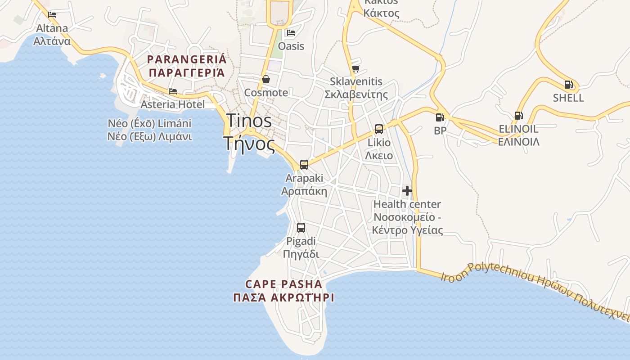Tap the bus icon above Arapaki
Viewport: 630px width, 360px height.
click(304, 164)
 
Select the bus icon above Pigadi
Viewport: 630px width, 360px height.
click(301, 228)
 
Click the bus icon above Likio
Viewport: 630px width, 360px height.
click(379, 129)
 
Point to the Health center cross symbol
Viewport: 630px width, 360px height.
click(407, 191)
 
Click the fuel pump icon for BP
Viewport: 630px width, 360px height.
click(440, 117)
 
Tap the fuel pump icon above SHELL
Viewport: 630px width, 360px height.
click(568, 84)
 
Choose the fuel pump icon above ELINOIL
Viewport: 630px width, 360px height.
click(518, 116)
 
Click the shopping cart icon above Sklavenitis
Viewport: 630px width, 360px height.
click(355, 68)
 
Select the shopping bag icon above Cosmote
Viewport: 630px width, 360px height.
click(266, 79)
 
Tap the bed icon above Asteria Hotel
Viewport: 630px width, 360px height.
click(173, 91)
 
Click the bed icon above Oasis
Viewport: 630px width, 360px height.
click(291, 33)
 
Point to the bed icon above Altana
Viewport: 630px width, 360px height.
click(53, 14)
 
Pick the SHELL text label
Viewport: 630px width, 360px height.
click(568, 98)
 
